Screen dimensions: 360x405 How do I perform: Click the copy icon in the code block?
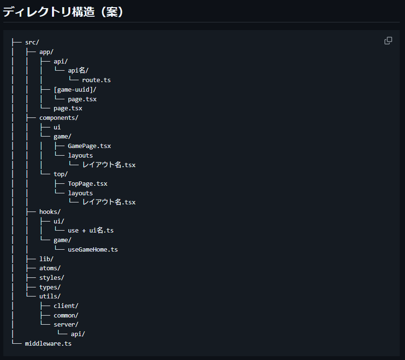(x=388, y=41)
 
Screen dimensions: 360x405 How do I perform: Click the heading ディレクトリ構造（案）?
(x=64, y=12)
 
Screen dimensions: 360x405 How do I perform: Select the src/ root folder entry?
(x=32, y=42)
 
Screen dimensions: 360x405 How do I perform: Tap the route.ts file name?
(x=96, y=80)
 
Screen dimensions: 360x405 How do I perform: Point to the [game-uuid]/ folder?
(x=75, y=89)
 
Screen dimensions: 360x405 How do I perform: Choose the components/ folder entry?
(x=59, y=117)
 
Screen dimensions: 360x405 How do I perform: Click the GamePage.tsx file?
(x=89, y=146)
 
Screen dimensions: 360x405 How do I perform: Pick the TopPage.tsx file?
(x=87, y=183)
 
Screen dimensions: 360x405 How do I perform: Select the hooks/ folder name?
(x=50, y=212)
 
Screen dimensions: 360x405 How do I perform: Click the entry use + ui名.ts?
(x=91, y=231)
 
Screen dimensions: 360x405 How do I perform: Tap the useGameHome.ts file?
(x=93, y=249)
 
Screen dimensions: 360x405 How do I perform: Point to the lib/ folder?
(x=46, y=259)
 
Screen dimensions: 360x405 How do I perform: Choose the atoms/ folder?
(x=50, y=268)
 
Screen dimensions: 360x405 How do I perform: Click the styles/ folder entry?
(x=52, y=277)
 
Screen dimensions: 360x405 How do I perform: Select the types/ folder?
(x=50, y=287)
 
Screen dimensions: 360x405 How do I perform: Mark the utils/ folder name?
(x=50, y=296)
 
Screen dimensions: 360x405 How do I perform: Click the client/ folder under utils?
(x=66, y=306)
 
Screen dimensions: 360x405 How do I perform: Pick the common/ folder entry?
(x=66, y=315)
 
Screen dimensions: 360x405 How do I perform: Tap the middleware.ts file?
(x=48, y=343)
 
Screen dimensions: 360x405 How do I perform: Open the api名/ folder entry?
(x=78, y=71)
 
